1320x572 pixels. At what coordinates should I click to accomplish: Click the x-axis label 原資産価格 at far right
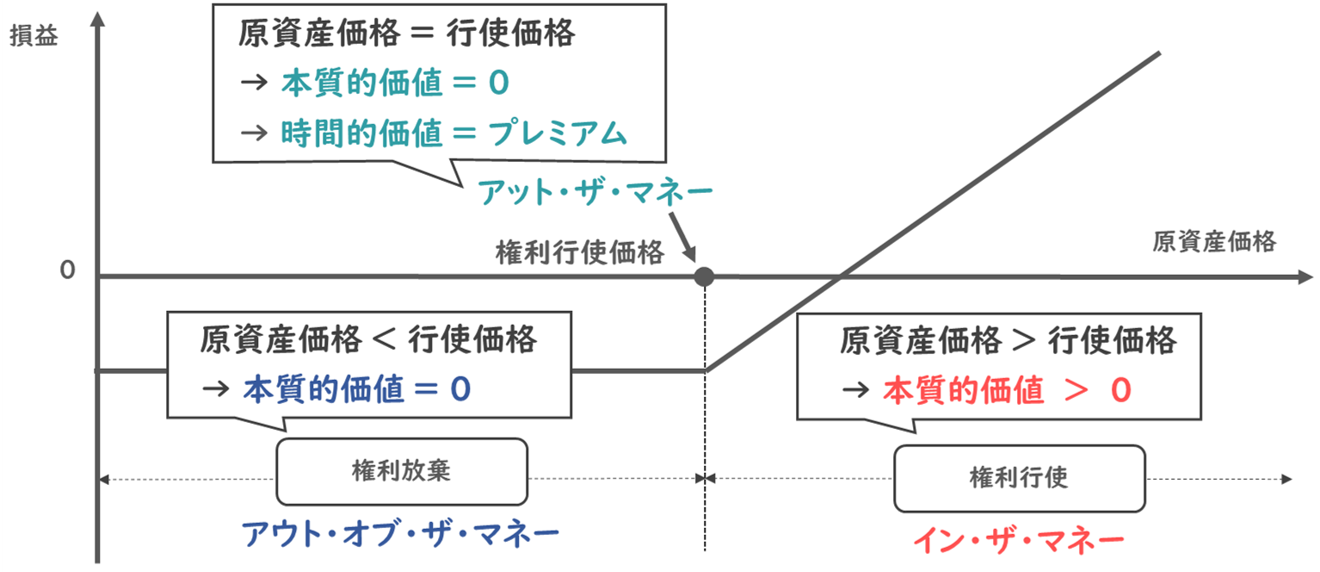tap(1214, 242)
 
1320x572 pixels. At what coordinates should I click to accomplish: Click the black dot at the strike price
tap(705, 277)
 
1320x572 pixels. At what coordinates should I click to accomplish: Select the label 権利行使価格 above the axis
tap(580, 253)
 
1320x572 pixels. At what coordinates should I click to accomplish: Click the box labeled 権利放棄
tap(401, 472)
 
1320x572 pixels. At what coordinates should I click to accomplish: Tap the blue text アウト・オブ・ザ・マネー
tap(400, 534)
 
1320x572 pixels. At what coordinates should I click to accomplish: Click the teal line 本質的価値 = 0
tap(395, 83)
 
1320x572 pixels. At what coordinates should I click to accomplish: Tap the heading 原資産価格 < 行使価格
tap(369, 339)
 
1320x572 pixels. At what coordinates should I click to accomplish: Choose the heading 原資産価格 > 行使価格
tap(1008, 341)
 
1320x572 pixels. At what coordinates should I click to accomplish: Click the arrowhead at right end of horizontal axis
tap(1305, 277)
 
